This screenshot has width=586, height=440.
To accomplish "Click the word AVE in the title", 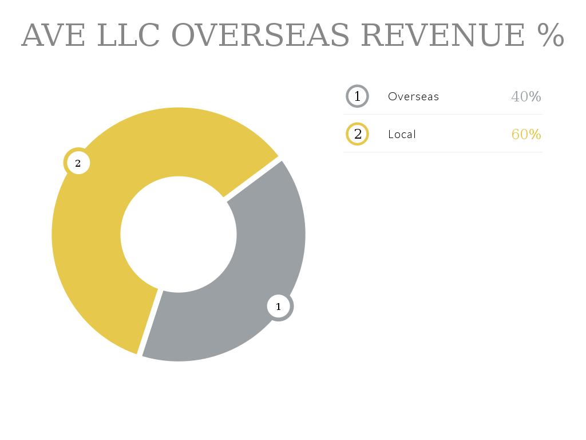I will (x=53, y=36).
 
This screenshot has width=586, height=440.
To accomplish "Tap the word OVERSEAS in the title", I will (x=260, y=36).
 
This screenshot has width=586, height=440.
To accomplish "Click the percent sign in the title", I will (x=551, y=36).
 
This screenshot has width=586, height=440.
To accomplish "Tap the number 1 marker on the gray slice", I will (x=279, y=307).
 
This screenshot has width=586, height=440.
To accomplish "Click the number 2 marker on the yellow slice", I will (x=78, y=163).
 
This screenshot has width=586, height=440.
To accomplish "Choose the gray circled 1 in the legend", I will (x=358, y=96).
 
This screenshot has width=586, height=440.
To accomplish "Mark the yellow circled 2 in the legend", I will (x=358, y=134).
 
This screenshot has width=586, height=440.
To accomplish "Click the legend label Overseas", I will (x=413, y=96).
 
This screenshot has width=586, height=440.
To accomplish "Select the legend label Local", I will (x=402, y=134).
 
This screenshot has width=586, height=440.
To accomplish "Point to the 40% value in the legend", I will (x=526, y=96).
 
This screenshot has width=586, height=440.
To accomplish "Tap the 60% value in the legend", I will (x=526, y=134).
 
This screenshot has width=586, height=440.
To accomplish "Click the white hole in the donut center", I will (x=179, y=234).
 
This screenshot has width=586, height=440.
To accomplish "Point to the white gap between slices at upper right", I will (x=252, y=179).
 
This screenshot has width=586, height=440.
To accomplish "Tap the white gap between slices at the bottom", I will (x=150, y=321).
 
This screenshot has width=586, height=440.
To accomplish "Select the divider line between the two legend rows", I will (x=443, y=115).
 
